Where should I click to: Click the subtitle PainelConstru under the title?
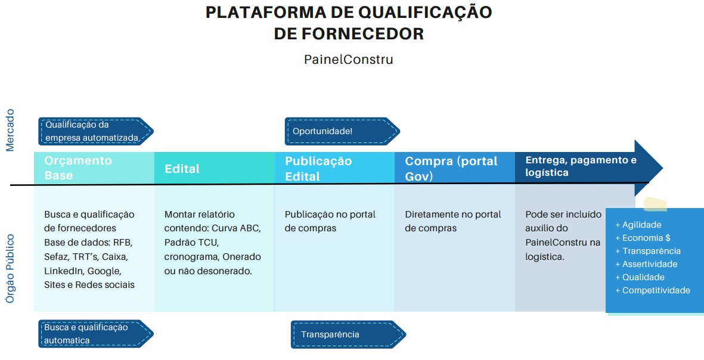[x=349, y=60]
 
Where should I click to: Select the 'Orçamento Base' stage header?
[x=77, y=168]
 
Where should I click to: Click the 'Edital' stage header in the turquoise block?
[x=182, y=169]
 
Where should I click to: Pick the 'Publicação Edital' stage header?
[x=318, y=169]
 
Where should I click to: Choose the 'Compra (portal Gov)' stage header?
[x=451, y=169]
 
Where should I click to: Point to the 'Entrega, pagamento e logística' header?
[x=581, y=166]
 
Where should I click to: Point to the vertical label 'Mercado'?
[x=10, y=130]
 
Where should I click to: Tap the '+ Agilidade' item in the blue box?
[x=638, y=225]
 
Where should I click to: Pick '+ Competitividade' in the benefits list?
[x=653, y=290]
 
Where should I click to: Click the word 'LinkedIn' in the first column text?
[x=64, y=271]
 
